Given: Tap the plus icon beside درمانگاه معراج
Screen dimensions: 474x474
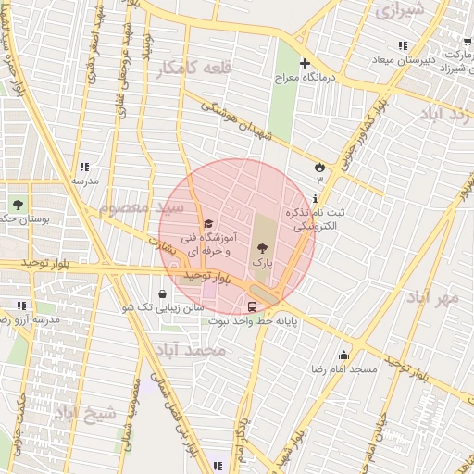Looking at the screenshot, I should pyautogui.click(x=304, y=64).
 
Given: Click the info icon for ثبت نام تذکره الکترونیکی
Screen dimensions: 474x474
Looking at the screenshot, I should pyautogui.click(x=316, y=198).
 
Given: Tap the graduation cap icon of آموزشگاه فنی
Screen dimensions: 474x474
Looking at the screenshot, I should pyautogui.click(x=208, y=223).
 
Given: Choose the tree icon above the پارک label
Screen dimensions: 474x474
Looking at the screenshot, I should pyautogui.click(x=263, y=247).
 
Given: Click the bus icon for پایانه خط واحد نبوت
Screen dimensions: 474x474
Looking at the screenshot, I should pyautogui.click(x=252, y=305).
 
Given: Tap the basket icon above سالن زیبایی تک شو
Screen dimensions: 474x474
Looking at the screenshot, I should pyautogui.click(x=162, y=293).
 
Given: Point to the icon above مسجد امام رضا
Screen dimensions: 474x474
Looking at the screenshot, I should pyautogui.click(x=344, y=355).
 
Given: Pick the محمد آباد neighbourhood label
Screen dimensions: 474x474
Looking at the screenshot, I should pyautogui.click(x=190, y=350).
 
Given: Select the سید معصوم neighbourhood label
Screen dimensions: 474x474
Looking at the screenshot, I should pyautogui.click(x=135, y=206).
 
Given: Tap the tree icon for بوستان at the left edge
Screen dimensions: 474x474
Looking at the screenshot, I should pyautogui.click(x=17, y=204).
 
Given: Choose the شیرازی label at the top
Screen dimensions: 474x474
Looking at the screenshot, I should pyautogui.click(x=399, y=11).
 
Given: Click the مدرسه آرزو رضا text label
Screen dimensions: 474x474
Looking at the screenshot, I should pyautogui.click(x=28, y=319).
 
